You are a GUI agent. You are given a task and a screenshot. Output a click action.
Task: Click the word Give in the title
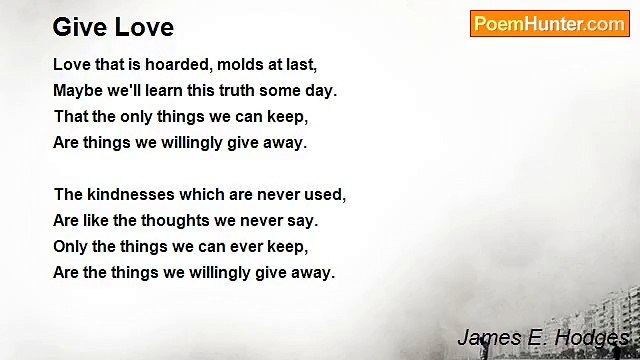coord(76,27)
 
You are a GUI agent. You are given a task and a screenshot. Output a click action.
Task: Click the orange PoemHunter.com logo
coord(549,24)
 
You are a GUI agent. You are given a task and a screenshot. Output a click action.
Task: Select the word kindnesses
coord(132,195)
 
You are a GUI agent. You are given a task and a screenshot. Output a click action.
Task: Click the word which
coord(206,195)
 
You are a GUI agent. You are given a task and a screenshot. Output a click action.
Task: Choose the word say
coord(304,221)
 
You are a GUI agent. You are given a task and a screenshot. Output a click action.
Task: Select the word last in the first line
coord(298,65)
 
